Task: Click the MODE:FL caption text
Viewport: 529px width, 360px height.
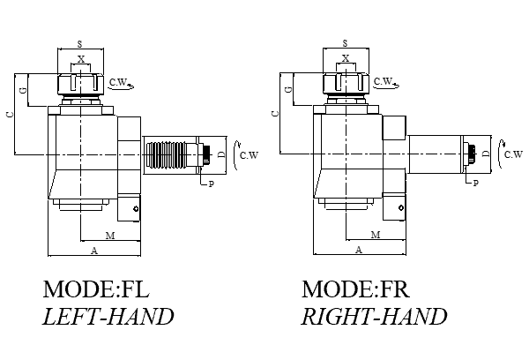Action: pyautogui.click(x=96, y=289)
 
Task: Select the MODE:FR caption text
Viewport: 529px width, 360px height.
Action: pyautogui.click(x=356, y=289)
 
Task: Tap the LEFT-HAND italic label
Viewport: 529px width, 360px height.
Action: pyautogui.click(x=108, y=317)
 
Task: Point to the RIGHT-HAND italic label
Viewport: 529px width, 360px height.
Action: pyautogui.click(x=374, y=317)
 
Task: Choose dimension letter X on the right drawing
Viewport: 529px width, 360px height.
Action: pyautogui.click(x=346, y=59)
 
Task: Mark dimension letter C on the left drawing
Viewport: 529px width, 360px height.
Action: pyautogui.click(x=9, y=115)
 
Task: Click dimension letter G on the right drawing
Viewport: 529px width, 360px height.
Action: pyautogui.click(x=288, y=90)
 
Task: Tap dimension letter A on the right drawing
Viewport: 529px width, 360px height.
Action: pyautogui.click(x=358, y=251)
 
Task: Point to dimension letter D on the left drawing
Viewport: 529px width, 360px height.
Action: pyautogui.click(x=221, y=154)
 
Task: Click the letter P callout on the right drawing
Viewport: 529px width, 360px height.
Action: pyautogui.click(x=476, y=183)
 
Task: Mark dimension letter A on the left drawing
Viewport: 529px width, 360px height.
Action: pyautogui.click(x=93, y=251)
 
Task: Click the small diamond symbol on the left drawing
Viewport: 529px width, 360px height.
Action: pyautogui.click(x=135, y=208)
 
